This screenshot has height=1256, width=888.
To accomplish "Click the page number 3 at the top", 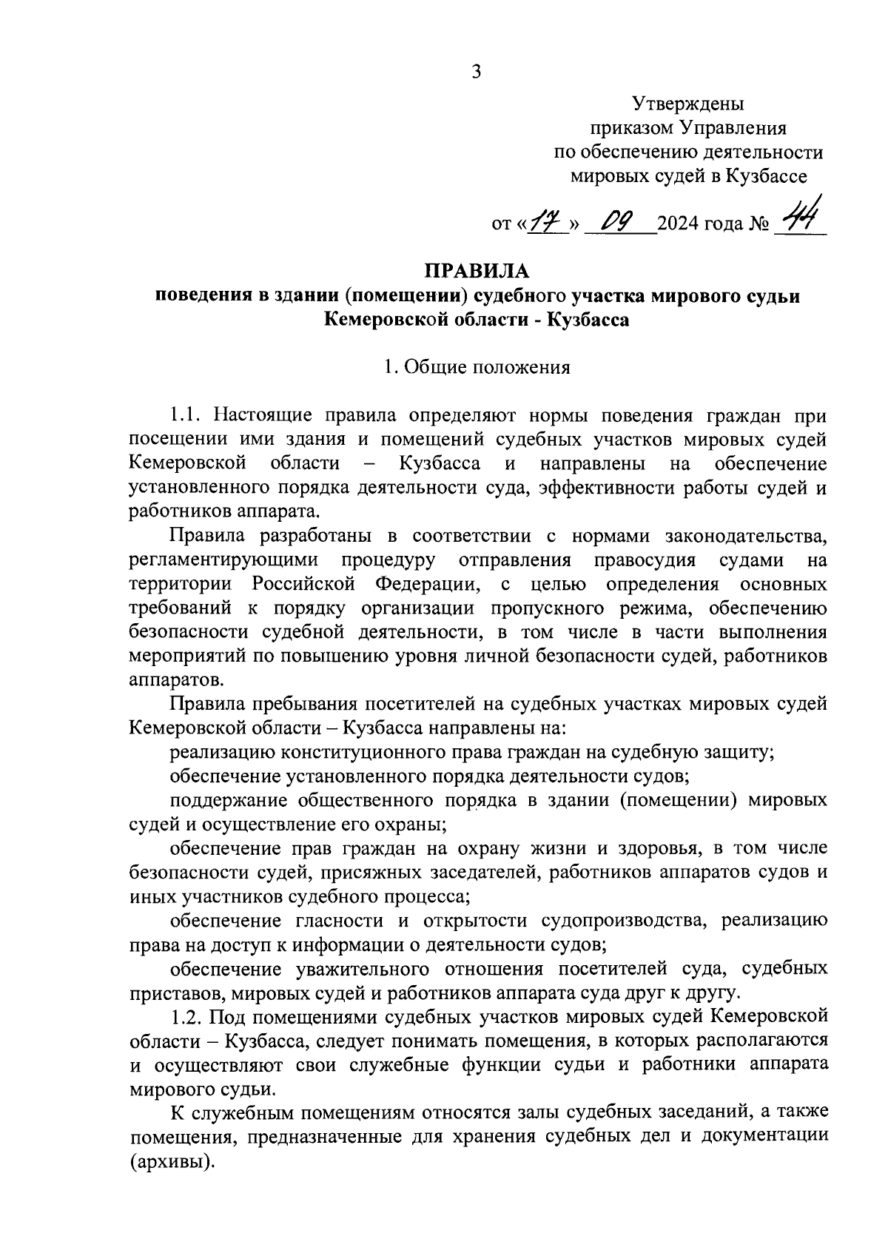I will coord(476,72).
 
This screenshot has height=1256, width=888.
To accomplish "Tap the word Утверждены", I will coord(688,104).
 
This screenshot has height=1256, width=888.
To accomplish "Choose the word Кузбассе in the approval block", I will coord(768,176).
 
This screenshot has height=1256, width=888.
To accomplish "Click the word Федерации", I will coord(425,585).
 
